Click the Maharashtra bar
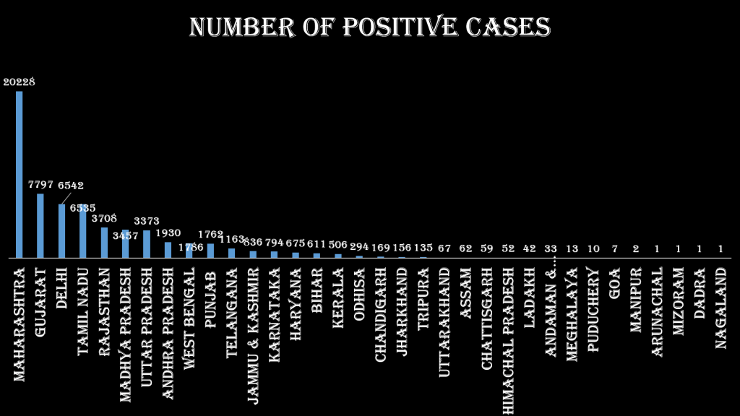(x=19, y=174)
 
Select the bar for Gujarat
(x=40, y=225)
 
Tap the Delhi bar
(x=61, y=230)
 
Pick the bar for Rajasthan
(x=104, y=243)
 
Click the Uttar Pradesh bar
(x=147, y=244)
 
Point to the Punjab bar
(x=210, y=251)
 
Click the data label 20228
(x=19, y=82)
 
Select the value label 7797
(x=40, y=185)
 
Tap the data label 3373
(x=147, y=221)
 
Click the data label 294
(x=359, y=248)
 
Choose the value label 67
(x=444, y=248)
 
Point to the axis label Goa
(x=614, y=283)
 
